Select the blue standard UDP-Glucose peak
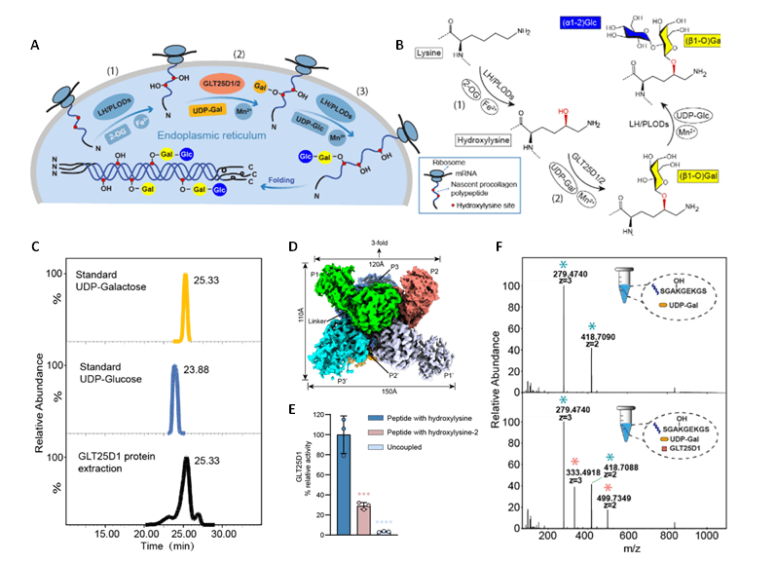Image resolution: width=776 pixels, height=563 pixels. coord(173,397)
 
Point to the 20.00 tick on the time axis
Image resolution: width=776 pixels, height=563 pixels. coord(146,535)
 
